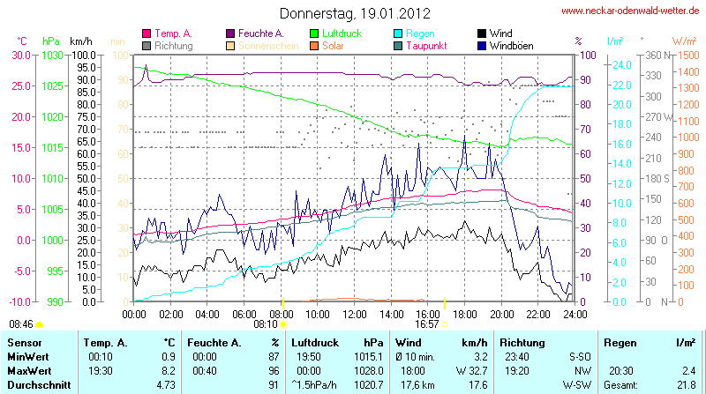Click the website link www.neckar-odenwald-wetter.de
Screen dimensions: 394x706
(x=631, y=11)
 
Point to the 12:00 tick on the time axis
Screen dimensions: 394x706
(x=354, y=313)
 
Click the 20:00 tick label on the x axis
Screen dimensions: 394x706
(x=500, y=313)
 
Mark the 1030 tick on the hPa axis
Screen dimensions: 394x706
(x=53, y=55)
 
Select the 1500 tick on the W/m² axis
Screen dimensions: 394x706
(x=685, y=55)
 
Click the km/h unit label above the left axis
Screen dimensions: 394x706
(x=81, y=41)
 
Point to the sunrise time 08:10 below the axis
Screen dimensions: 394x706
(x=266, y=324)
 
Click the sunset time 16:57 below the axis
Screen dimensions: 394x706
(x=427, y=324)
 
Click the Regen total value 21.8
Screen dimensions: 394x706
(x=685, y=385)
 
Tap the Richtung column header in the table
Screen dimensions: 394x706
(x=522, y=342)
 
